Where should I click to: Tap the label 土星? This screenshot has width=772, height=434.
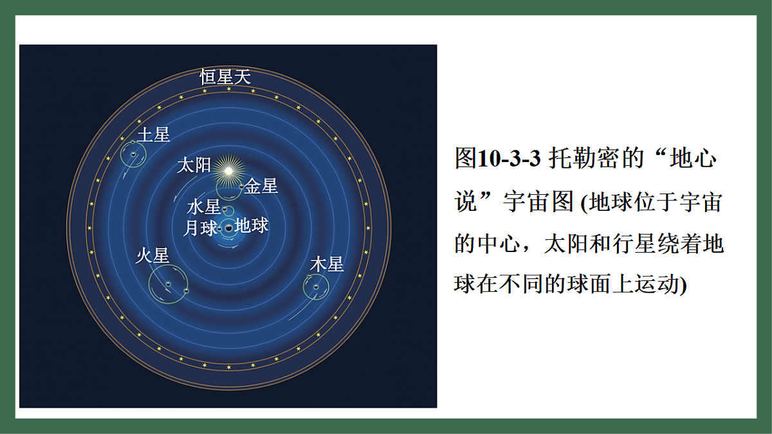point(153,135)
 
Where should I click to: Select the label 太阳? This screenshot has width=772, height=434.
point(194,165)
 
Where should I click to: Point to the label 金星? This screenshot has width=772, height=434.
point(261,186)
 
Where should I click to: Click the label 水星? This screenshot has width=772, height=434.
point(203,207)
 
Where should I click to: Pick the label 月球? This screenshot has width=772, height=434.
point(200,228)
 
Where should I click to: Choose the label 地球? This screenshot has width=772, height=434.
point(252,226)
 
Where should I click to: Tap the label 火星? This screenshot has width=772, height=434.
point(152,256)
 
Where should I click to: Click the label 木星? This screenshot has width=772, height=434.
point(327,264)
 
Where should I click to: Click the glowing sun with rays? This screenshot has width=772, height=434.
point(227,170)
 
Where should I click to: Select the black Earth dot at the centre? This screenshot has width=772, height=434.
point(229,228)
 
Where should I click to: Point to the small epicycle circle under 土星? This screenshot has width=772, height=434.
point(133,154)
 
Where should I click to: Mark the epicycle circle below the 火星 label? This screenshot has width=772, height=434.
point(168,283)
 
